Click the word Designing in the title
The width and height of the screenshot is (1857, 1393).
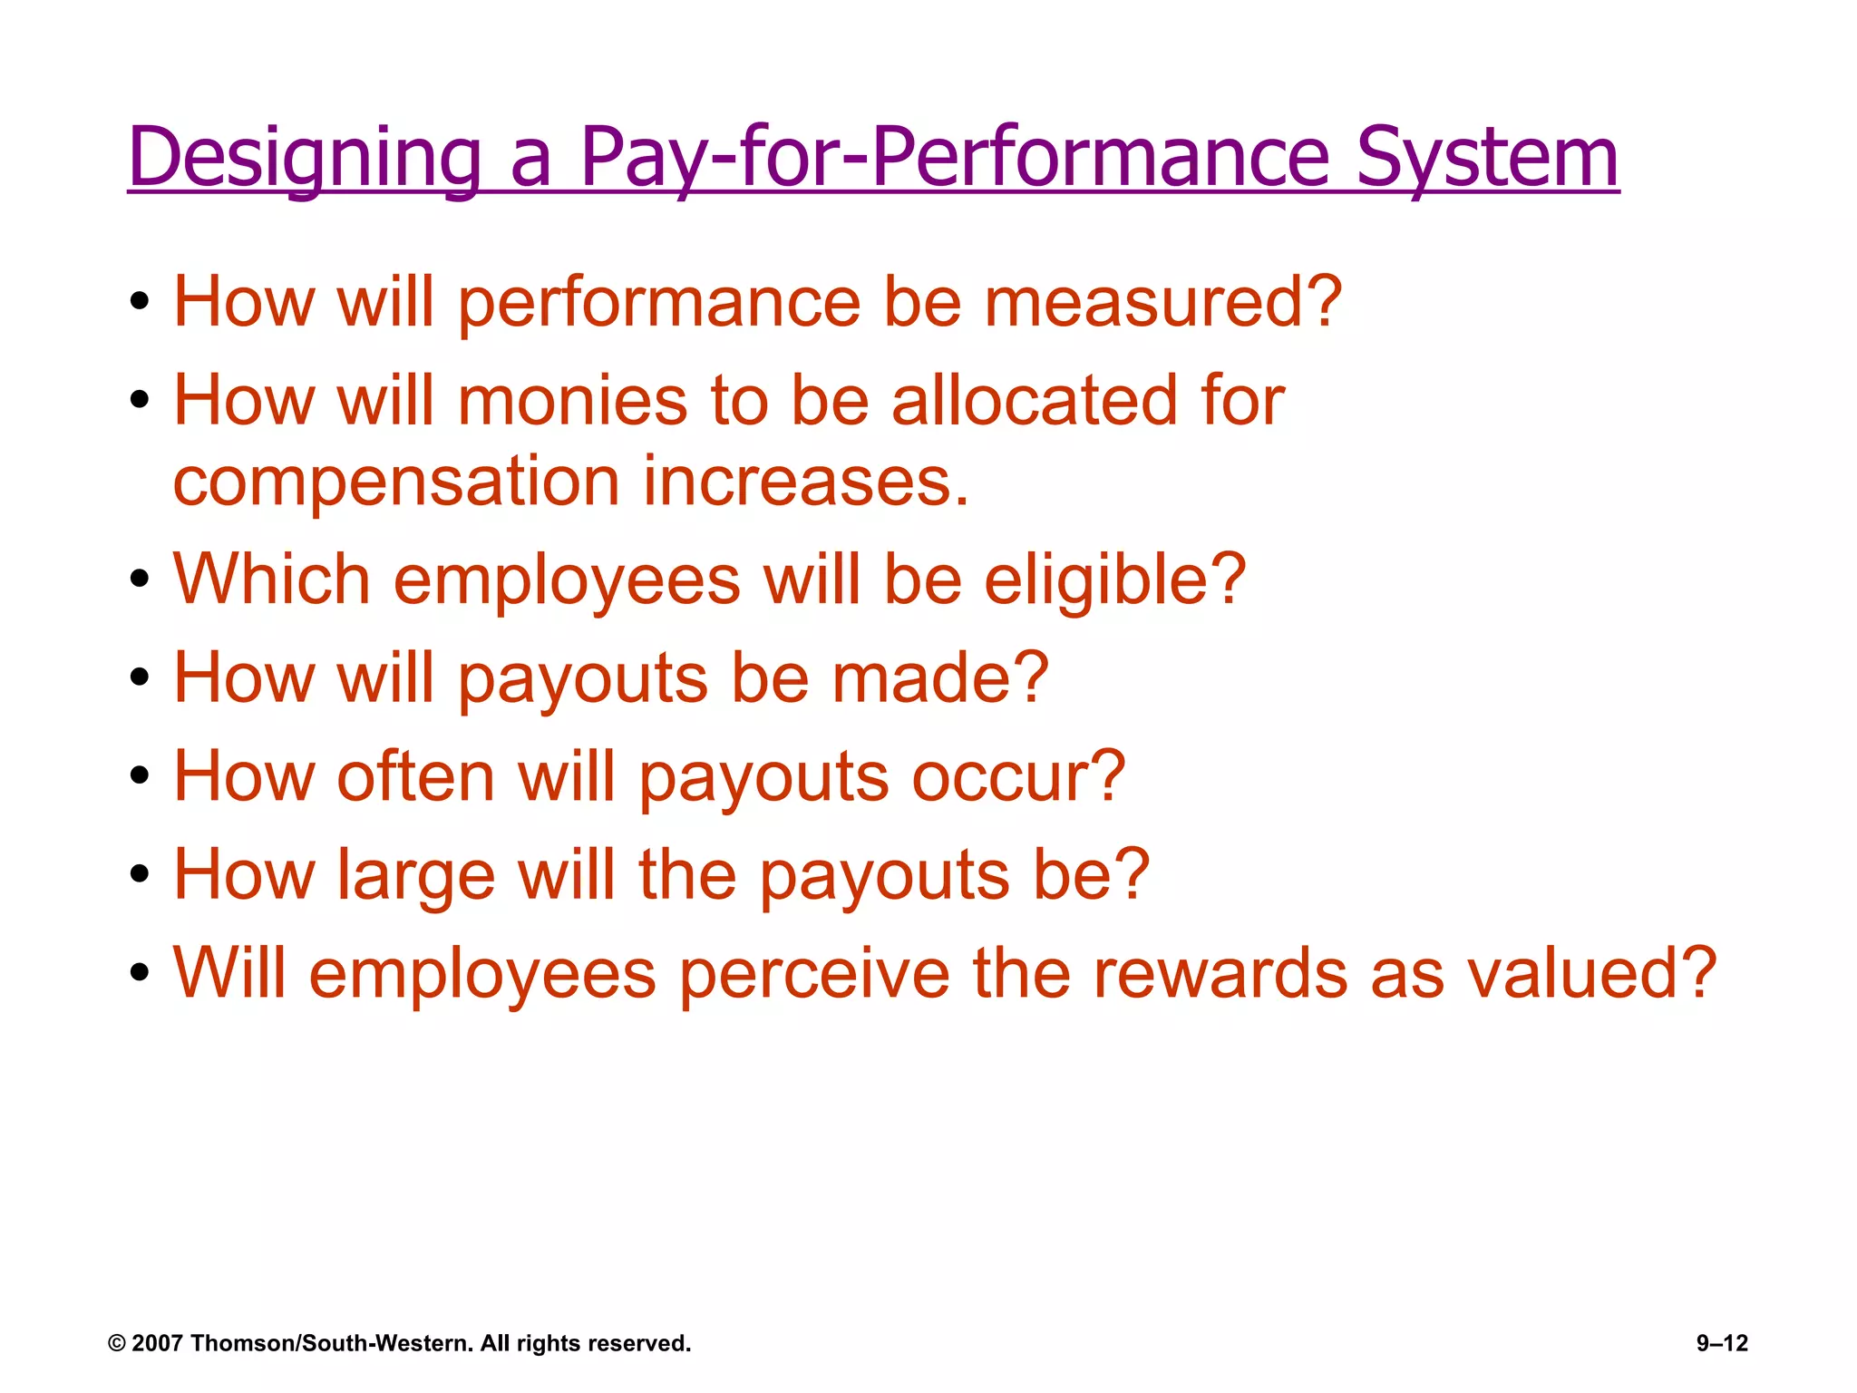click(304, 159)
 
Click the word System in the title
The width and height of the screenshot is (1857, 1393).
click(1487, 159)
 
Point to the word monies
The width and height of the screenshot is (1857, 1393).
click(573, 401)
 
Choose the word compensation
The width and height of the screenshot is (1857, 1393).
click(396, 482)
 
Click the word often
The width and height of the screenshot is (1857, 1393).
click(415, 777)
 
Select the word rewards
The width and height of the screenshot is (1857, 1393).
click(1220, 974)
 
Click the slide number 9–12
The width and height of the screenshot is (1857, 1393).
click(1722, 1343)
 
